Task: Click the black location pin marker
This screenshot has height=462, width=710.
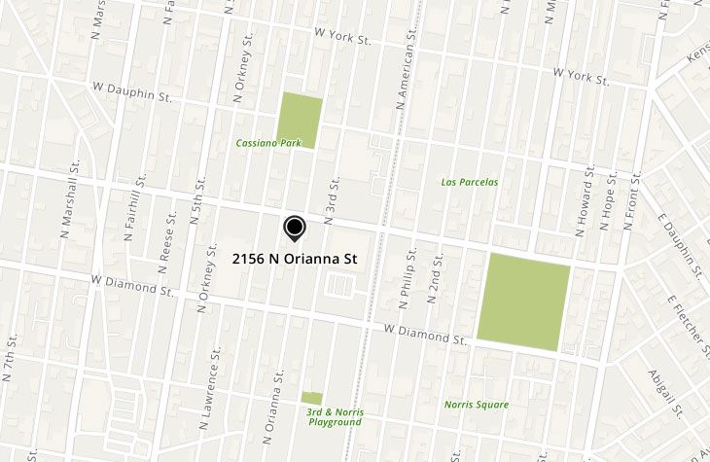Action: tap(294, 228)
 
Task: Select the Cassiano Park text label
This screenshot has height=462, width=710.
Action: tap(268, 143)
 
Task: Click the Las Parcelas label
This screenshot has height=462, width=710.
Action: tap(470, 182)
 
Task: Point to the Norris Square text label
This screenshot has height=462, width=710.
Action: tap(477, 405)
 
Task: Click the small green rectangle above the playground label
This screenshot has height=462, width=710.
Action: tap(311, 398)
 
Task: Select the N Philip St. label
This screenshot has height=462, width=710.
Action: tap(411, 267)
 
